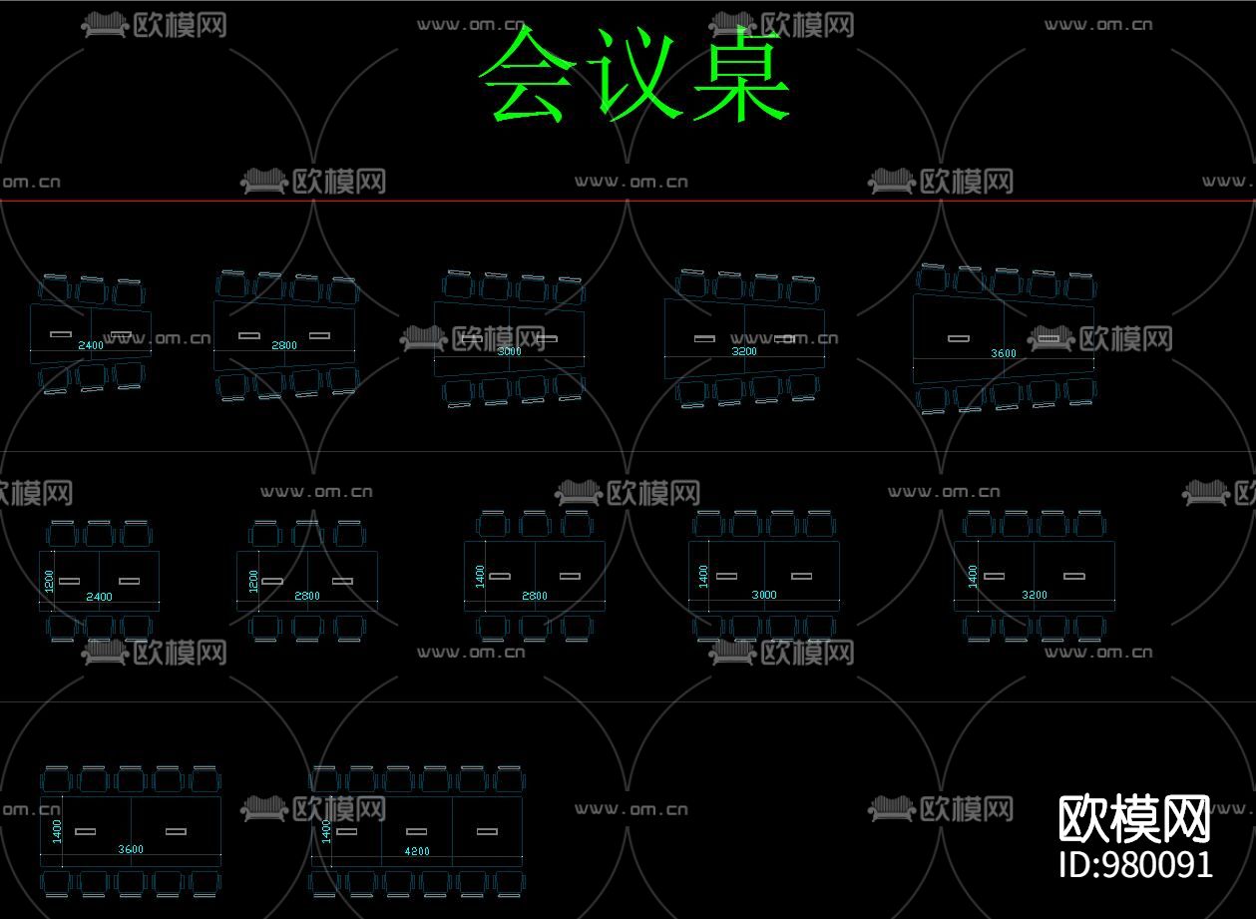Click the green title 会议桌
coord(634,76)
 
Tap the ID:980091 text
coord(1135,864)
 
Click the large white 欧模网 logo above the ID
coord(1134,819)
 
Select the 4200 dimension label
coord(417,851)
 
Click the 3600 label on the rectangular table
coord(131,850)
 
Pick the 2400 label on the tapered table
coord(91,345)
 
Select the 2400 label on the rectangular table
coord(99,597)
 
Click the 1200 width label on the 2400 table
coord(48,580)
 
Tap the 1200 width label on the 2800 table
coord(253,580)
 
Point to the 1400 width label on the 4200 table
coord(326,831)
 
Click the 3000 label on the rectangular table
coord(763,595)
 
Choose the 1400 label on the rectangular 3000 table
coord(703,576)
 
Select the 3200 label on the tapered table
coord(744,351)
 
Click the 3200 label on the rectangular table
coord(1035,595)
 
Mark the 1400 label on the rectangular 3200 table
coord(973,576)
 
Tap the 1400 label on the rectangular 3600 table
coord(57,830)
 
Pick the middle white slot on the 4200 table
coord(417,831)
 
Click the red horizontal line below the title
coord(628,201)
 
